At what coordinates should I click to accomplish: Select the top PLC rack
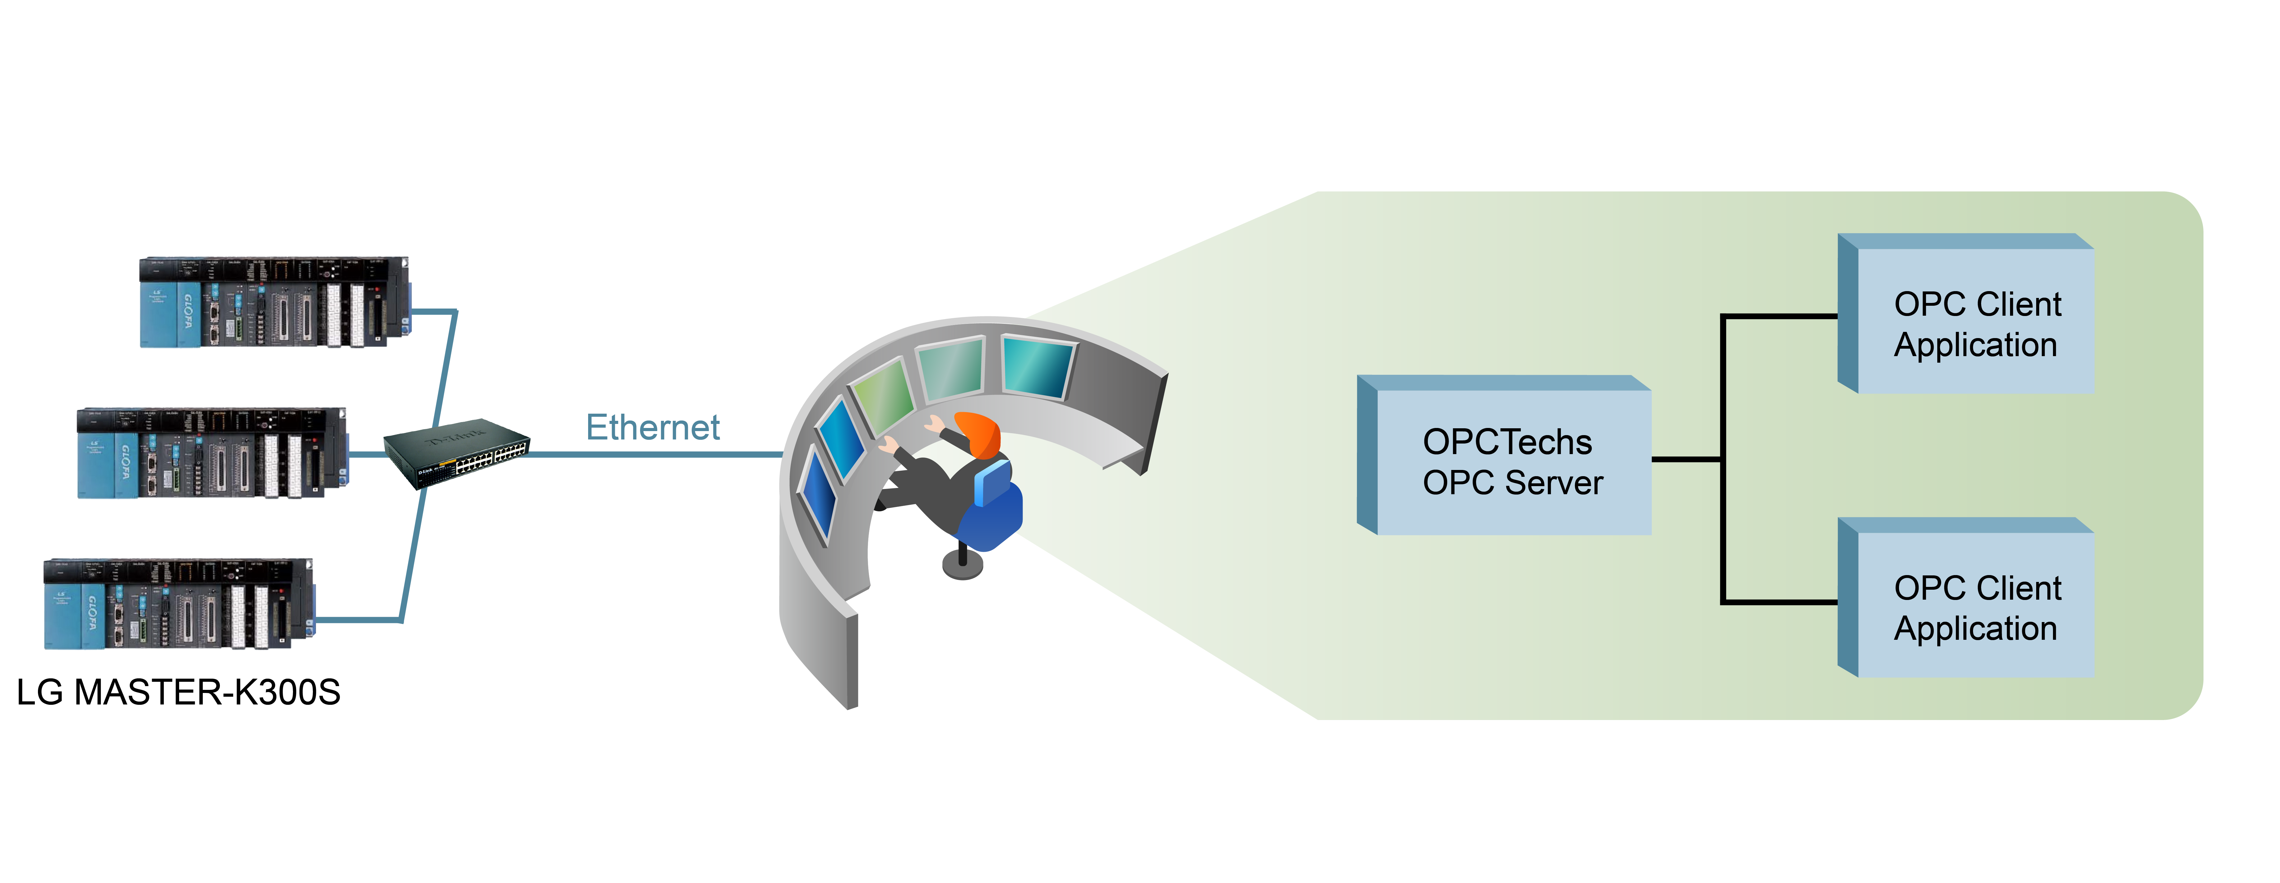click(x=274, y=303)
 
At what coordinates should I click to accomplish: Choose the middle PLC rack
click(x=212, y=453)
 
